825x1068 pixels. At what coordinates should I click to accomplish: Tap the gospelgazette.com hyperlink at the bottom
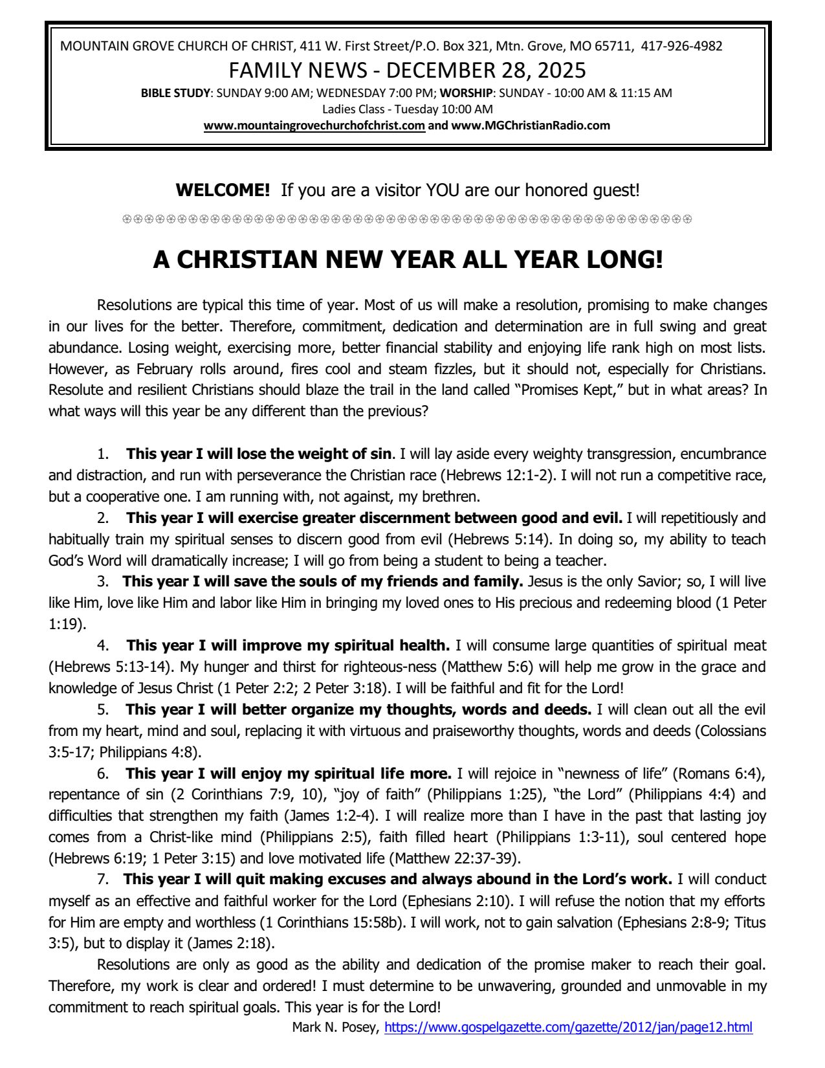point(568,1027)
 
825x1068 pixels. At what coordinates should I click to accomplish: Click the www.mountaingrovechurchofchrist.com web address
point(314,126)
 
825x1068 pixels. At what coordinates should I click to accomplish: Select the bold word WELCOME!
point(223,190)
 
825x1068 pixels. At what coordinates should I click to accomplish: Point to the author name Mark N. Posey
point(335,1027)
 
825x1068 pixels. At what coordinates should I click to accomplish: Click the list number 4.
point(102,645)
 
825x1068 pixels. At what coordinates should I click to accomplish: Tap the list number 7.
point(102,880)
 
